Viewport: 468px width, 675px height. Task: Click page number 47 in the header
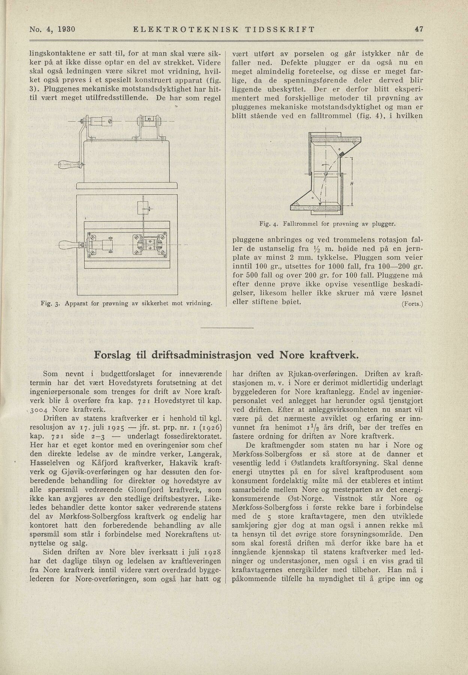419,29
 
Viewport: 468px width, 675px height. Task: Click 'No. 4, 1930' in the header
52,29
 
